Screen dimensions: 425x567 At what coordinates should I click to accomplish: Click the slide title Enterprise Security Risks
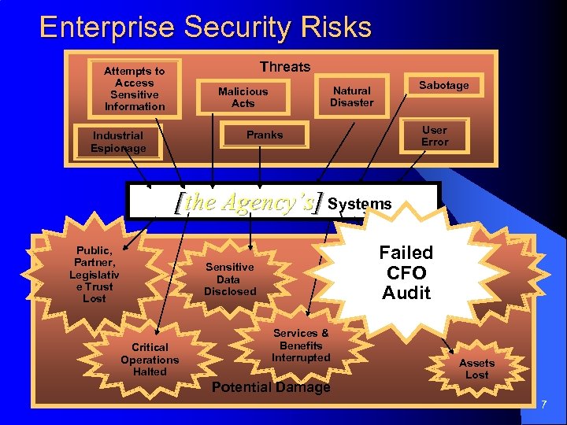(205, 28)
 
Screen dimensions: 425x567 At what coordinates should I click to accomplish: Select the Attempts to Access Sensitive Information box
(135, 89)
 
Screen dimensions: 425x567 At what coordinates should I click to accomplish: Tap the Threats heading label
(285, 67)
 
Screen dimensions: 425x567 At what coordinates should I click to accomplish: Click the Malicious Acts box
(243, 97)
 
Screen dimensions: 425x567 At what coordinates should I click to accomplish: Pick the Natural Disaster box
(351, 97)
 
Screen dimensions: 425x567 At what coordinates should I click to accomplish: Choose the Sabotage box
(443, 85)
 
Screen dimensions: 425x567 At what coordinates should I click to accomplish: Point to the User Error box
(434, 135)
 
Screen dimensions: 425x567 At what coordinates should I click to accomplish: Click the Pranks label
(264, 135)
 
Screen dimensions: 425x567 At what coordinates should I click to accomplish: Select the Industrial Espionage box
(118, 142)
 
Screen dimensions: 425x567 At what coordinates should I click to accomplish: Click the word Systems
(359, 204)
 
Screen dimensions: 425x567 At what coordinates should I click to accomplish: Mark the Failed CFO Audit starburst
(406, 272)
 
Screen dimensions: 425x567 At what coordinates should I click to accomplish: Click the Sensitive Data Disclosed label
(230, 279)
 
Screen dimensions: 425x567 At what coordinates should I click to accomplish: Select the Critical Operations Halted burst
(150, 359)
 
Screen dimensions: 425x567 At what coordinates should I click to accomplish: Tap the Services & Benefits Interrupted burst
(301, 346)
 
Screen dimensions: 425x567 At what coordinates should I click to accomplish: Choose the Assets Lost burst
(476, 368)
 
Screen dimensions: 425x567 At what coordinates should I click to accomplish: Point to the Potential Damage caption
(271, 387)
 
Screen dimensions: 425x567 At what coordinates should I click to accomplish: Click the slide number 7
(543, 404)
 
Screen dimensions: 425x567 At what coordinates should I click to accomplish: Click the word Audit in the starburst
(406, 293)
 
